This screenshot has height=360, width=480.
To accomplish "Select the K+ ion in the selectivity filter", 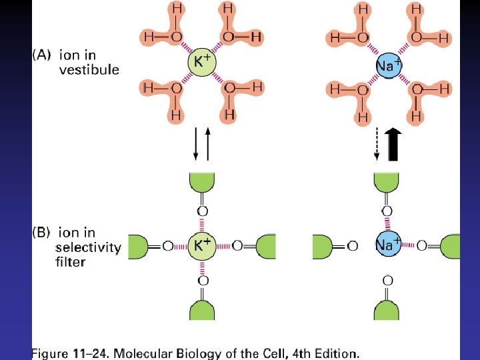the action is [x=202, y=245].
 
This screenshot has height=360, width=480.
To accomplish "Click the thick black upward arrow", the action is [x=393, y=144].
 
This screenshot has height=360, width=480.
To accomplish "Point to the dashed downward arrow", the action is [x=377, y=144].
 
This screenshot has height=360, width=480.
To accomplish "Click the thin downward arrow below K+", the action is [x=195, y=144].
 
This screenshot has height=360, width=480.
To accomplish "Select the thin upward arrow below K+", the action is [x=209, y=144].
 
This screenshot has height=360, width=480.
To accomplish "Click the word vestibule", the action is [x=89, y=69].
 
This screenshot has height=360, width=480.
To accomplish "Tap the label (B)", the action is [x=43, y=233].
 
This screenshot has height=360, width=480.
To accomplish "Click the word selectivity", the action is [x=88, y=247].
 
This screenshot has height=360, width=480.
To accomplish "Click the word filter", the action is [x=70, y=262].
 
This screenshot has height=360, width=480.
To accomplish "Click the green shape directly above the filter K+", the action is [x=202, y=184].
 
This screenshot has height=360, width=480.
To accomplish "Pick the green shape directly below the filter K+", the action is [x=202, y=311].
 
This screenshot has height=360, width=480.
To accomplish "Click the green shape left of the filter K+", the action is [x=137, y=246].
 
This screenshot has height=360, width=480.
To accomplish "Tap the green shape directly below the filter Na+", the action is [x=387, y=311].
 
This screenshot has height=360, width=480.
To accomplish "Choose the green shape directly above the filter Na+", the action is [x=387, y=184].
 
